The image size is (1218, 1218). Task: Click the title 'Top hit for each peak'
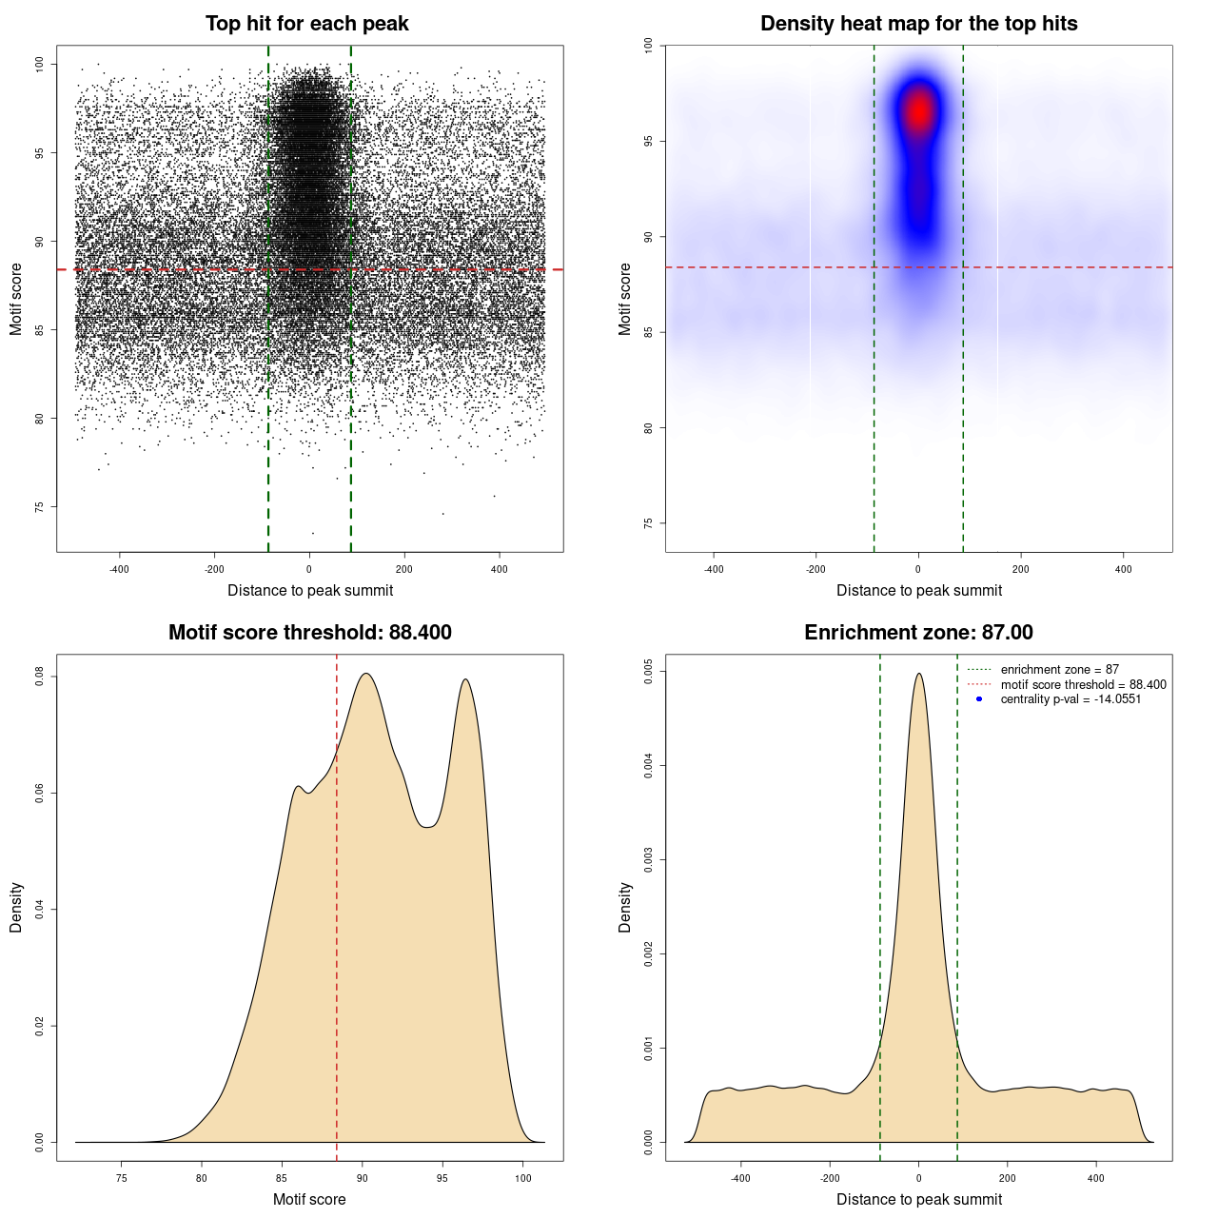[306, 24]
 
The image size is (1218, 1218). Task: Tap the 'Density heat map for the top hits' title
[918, 24]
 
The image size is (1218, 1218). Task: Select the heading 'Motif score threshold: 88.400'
[309, 633]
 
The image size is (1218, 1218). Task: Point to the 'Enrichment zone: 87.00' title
[918, 633]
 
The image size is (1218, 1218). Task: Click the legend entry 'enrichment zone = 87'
[1059, 670]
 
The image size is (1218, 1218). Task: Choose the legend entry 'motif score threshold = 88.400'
[1083, 684]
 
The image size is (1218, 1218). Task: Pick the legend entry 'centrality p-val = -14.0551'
[1071, 699]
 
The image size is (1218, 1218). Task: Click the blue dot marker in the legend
[979, 699]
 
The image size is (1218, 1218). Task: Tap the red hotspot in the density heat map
[919, 111]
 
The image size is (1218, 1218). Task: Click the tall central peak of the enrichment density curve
[918, 676]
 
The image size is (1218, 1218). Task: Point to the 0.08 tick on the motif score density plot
[39, 677]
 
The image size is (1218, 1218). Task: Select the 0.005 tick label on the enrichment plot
[648, 672]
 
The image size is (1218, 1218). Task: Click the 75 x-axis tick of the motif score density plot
[121, 1178]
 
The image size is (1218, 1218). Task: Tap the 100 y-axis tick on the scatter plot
[39, 64]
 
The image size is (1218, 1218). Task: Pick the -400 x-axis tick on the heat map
[714, 569]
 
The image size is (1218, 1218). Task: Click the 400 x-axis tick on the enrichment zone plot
[1096, 1178]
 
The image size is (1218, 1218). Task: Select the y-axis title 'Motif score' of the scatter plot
[16, 299]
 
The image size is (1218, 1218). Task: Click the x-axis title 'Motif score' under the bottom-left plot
[309, 1199]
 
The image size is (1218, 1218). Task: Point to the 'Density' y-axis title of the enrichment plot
[625, 907]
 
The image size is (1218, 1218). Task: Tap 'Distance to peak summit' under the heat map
[918, 590]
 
